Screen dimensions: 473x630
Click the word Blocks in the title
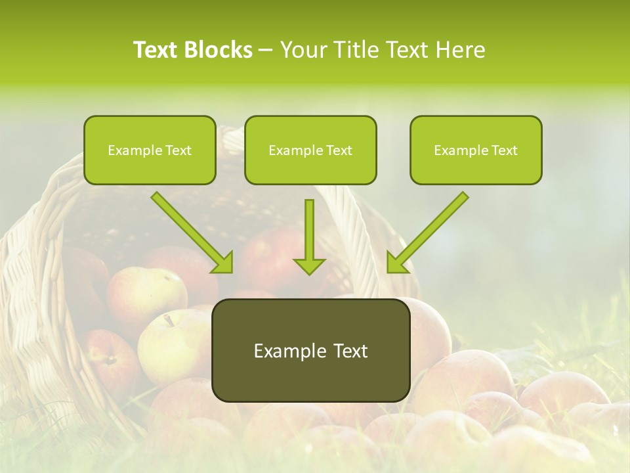tap(219, 50)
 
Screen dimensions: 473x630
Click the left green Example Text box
tap(150, 150)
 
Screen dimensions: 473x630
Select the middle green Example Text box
tap(310, 150)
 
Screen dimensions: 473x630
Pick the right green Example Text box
tap(476, 150)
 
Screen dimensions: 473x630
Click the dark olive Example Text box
tap(310, 350)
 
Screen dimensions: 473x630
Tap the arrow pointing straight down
tap(309, 236)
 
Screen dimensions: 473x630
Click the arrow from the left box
tap(192, 232)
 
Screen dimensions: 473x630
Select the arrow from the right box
tap(428, 232)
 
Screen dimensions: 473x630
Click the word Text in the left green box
tap(178, 150)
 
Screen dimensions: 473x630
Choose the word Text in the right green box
tap(505, 150)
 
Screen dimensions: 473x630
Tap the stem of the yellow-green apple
tap(169, 320)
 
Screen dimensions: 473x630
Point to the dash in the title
tap(266, 50)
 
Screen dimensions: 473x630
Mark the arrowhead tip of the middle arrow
tap(309, 273)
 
